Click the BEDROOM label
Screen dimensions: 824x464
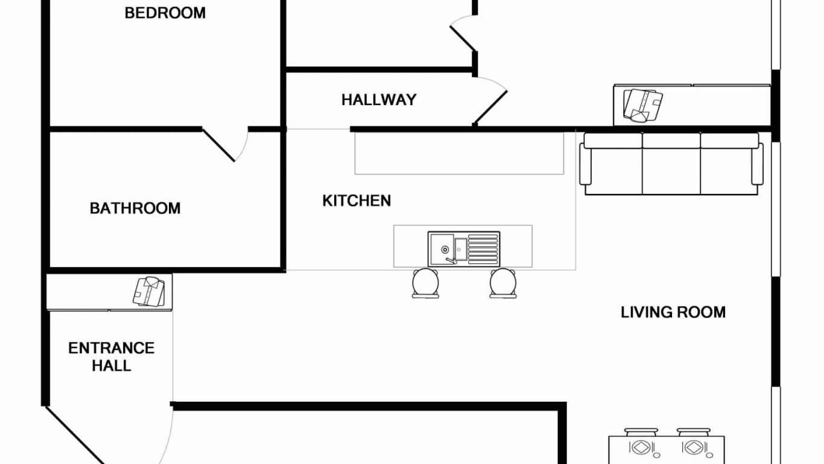165,13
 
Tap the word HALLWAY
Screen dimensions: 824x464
379,100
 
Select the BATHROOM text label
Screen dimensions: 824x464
135,208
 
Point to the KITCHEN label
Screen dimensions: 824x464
357,201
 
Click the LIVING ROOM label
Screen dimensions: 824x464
673,312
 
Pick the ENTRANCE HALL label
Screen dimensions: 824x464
112,356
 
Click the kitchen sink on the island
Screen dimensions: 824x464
463,249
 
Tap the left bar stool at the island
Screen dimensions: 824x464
426,283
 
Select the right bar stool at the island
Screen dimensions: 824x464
503,283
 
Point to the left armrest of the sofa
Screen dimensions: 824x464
585,164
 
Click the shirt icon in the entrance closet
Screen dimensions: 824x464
149,292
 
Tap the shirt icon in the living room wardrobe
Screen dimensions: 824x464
643,105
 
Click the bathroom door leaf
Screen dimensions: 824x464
218,145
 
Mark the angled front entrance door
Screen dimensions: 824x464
75,435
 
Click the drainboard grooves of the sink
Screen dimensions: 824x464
483,249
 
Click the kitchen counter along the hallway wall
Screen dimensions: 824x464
459,153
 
